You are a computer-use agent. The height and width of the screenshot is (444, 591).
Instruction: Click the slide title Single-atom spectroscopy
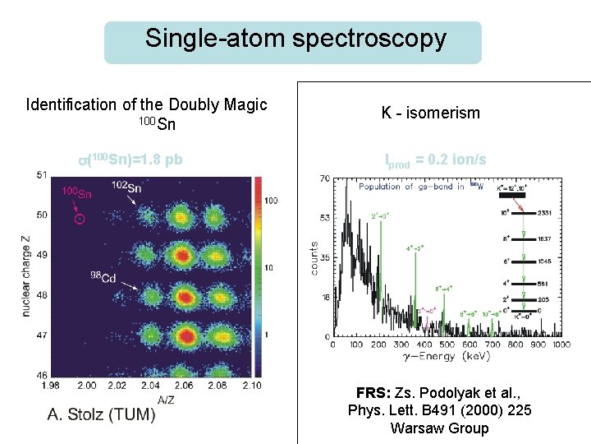(x=295, y=39)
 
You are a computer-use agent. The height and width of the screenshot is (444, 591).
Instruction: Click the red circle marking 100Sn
(x=79, y=219)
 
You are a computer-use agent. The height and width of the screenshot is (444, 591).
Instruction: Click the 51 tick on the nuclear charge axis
(x=41, y=174)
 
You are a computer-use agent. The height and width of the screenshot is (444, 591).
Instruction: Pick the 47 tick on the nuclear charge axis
(x=41, y=335)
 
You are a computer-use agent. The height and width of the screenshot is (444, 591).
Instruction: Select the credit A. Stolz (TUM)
(x=101, y=414)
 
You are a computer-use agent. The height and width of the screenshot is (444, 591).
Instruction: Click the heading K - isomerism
(x=430, y=113)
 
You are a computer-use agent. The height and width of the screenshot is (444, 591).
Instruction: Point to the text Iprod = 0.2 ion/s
(x=435, y=160)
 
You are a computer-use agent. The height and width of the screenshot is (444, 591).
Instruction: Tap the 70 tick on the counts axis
(x=325, y=178)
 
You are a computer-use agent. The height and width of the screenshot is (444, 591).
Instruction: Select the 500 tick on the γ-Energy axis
(x=447, y=344)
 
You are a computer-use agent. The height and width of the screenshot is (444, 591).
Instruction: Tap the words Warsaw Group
(x=439, y=428)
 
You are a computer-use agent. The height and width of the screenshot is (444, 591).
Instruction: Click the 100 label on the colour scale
(x=272, y=200)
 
